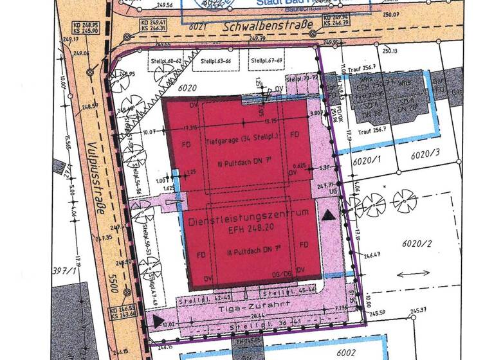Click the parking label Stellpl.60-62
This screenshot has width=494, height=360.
pos(165,61)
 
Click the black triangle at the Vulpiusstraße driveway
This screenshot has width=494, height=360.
pos(158,319)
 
